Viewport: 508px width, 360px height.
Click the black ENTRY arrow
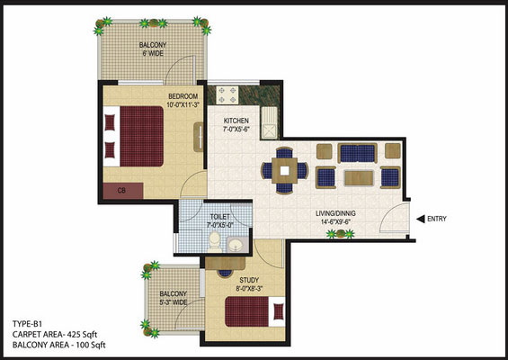pyautogui.click(x=420, y=220)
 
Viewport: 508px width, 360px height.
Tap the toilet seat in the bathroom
pyautogui.click(x=215, y=241)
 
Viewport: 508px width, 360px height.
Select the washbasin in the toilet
pyautogui.click(x=237, y=245)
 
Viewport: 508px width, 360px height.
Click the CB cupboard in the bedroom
pyautogui.click(x=123, y=191)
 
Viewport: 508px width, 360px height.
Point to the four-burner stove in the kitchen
pyautogui.click(x=227, y=94)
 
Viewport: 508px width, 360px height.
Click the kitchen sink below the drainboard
pyautogui.click(x=270, y=131)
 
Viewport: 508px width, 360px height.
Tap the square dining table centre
pyautogui.click(x=284, y=171)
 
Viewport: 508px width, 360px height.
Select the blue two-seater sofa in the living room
pyautogui.click(x=357, y=153)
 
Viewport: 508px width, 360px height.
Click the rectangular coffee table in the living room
pyautogui.click(x=359, y=178)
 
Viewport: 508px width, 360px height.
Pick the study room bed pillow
pyautogui.click(x=279, y=311)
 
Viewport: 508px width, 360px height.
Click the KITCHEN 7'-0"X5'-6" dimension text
pyautogui.click(x=236, y=129)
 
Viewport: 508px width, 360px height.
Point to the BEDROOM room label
pyautogui.click(x=183, y=96)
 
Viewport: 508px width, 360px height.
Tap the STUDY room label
pyautogui.click(x=249, y=280)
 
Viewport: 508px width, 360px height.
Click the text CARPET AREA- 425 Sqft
pyautogui.click(x=55, y=335)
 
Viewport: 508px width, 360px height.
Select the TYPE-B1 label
pyautogui.click(x=27, y=324)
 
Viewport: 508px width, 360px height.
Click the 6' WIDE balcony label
pyautogui.click(x=153, y=53)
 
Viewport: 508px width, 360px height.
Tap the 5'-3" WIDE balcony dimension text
pyautogui.click(x=173, y=302)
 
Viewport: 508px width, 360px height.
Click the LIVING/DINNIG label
pyautogui.click(x=335, y=213)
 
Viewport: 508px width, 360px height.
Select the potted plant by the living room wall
pyautogui.click(x=340, y=233)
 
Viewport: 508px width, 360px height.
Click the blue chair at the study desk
pyautogui.click(x=225, y=273)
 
